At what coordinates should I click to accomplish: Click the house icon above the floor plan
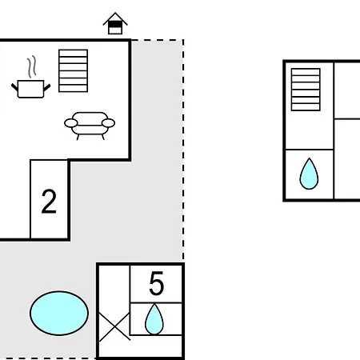tap(115, 23)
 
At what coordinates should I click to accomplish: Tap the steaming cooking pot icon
tap(31, 80)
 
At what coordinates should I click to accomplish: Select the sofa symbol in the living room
tap(90, 126)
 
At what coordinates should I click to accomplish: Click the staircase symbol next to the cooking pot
tap(74, 70)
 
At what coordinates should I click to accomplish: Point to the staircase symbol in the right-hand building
tap(306, 90)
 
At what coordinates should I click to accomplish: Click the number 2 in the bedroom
tap(49, 202)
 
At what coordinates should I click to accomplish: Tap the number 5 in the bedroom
tap(157, 283)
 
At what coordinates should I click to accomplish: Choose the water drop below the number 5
tap(154, 319)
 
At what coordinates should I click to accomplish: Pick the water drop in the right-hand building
tap(309, 174)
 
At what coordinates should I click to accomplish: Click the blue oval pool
tap(59, 313)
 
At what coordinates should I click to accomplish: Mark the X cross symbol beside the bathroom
tap(114, 326)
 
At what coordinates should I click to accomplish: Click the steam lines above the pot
tap(32, 66)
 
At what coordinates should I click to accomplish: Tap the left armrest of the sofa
tap(71, 123)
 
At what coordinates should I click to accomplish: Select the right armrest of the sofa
tap(109, 123)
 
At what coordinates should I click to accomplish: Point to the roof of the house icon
tap(115, 18)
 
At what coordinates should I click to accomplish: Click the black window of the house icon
tap(115, 25)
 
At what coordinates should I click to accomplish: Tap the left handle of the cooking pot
tap(14, 87)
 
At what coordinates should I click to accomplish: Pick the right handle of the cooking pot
tap(47, 87)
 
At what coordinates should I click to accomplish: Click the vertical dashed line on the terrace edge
tap(183, 150)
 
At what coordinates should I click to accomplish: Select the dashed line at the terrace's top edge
tap(158, 40)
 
